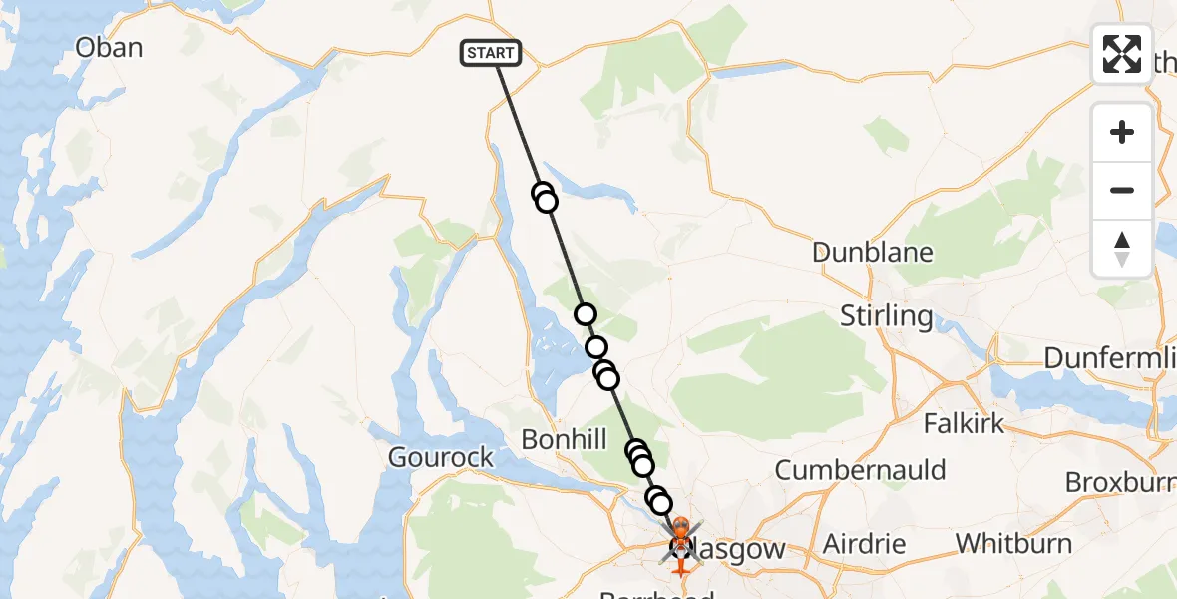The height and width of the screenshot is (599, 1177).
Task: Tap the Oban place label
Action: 109,48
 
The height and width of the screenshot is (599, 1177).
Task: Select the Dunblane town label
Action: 872,252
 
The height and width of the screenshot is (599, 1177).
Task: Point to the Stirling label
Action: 886,316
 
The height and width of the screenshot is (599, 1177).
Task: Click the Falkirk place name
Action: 964,423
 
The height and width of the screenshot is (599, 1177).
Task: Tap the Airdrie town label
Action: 864,545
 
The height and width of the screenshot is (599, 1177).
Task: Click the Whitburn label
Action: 1013,544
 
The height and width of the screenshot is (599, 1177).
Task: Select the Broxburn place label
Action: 1120,482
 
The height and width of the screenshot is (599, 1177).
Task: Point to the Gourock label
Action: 440,458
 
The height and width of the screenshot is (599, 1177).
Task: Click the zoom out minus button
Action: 1122,190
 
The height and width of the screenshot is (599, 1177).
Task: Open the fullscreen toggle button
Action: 1122,54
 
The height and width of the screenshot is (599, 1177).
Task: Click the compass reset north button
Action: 1122,249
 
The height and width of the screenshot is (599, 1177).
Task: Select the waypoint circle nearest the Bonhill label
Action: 636,451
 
